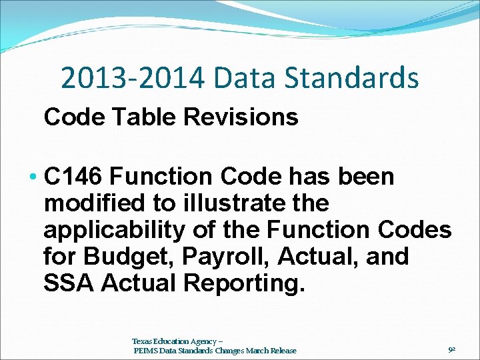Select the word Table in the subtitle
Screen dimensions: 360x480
pos(141,117)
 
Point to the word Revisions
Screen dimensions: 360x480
pos(241,117)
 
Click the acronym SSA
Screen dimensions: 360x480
pos(68,283)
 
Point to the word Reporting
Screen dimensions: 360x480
pos(243,283)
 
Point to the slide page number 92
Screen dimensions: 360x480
pos(451,348)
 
